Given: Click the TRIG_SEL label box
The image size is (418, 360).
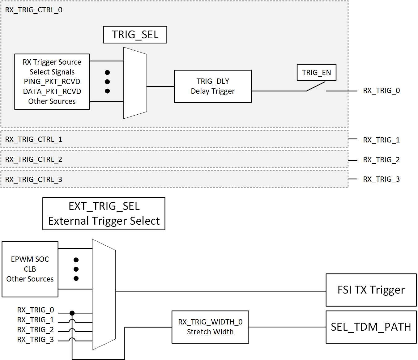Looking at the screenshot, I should point(135,35).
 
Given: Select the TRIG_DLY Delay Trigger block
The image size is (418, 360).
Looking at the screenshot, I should point(213,86).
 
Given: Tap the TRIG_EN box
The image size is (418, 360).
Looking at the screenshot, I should point(316,73).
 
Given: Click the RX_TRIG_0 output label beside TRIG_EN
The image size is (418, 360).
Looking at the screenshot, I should point(381,91).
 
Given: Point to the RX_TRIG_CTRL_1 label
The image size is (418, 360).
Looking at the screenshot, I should point(34,139).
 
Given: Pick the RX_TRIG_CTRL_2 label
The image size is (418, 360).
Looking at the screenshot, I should point(34,159).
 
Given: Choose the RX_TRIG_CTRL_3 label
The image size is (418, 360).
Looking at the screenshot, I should point(34,180).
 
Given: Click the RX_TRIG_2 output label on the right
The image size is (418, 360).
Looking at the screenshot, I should point(381,160).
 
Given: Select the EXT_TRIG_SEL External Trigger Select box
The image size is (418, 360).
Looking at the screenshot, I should point(104,214).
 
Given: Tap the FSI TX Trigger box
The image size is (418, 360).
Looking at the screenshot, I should point(371,290).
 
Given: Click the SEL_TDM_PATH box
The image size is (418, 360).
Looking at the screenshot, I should point(371,327).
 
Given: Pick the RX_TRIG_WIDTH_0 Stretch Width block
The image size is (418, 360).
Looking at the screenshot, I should point(210,327).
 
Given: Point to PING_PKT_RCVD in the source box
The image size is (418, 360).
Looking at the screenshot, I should point(52,82).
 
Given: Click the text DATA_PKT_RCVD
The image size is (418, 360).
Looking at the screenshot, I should point(52,91).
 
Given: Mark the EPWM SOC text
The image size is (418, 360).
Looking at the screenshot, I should point(30,259).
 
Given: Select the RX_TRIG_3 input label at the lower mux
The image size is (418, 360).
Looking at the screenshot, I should point(36,340).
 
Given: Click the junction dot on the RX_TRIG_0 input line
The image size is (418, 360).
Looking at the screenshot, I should point(72,313).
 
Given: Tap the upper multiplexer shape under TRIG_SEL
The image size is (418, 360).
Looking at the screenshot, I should point(135,83).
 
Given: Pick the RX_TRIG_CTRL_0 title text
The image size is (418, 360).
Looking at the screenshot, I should point(34,10).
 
